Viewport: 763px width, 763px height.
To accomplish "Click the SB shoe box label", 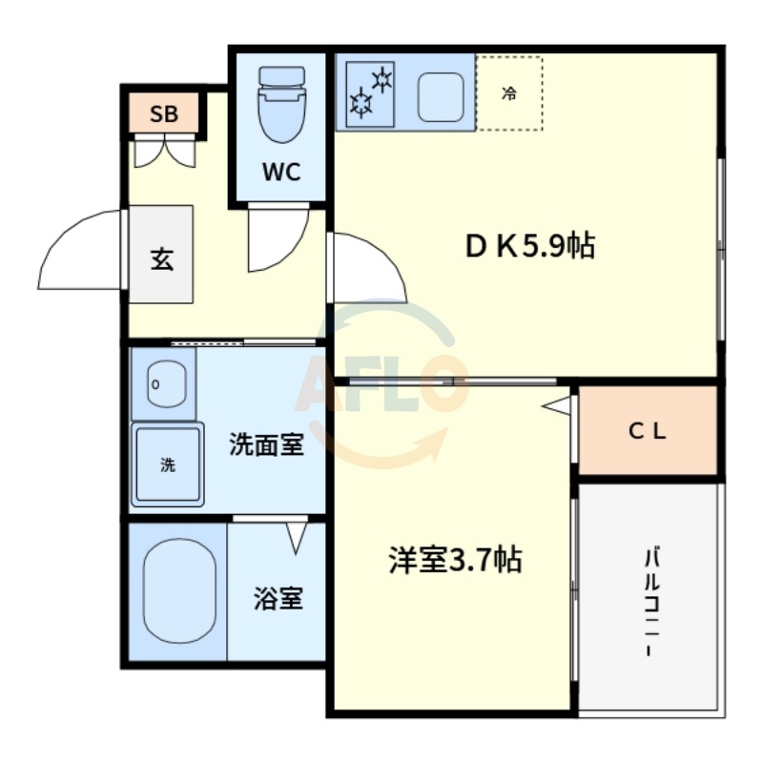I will tap(164, 114).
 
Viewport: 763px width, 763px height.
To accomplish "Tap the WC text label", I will tap(281, 173).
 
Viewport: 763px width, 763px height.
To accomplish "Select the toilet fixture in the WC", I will tap(281, 105).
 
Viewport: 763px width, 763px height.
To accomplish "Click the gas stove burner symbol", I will tap(371, 91).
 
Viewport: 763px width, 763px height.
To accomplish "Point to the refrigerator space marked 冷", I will tap(509, 93).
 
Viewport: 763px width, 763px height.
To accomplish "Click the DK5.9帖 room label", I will tap(529, 247).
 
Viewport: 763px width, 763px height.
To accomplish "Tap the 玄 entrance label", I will tap(162, 258).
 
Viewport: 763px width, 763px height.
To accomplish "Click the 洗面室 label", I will tap(266, 444).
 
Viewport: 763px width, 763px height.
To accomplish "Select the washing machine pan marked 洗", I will tap(168, 465).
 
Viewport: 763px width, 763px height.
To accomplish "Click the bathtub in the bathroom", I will tap(178, 590).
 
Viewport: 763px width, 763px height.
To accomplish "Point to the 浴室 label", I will tap(278, 599).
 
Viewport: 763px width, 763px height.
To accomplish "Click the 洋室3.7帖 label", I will tap(454, 560).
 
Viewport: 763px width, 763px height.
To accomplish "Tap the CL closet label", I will tap(647, 431).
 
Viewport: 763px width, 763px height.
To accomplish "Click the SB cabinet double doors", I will tap(163, 152).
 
